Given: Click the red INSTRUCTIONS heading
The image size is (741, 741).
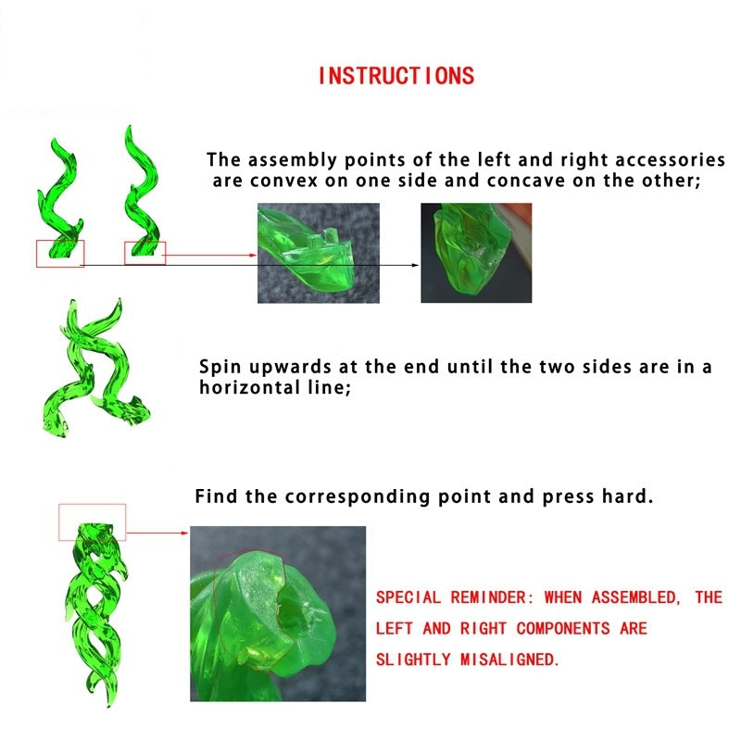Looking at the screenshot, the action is click(x=396, y=76).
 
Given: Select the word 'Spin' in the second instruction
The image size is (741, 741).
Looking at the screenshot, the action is click(x=220, y=368).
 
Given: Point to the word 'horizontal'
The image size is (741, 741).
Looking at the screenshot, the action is click(x=250, y=387).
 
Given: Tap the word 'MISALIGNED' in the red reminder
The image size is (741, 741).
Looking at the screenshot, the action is click(x=509, y=659).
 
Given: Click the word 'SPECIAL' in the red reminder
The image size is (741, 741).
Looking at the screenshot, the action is click(x=408, y=597).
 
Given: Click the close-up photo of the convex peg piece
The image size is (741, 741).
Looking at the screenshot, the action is click(x=318, y=253).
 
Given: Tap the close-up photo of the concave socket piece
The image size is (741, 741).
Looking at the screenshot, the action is click(x=476, y=253).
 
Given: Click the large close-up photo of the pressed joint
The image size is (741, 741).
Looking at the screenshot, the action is click(x=278, y=613).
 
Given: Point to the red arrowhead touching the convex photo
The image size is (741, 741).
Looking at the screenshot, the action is click(x=253, y=256).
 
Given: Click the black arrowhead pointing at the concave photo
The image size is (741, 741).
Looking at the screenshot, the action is click(x=416, y=265).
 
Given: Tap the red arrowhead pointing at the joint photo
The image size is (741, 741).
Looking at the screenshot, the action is click(x=185, y=534).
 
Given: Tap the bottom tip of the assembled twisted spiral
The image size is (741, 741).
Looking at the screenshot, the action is click(x=109, y=706).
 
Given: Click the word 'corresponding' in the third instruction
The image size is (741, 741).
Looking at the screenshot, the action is click(x=358, y=497).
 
